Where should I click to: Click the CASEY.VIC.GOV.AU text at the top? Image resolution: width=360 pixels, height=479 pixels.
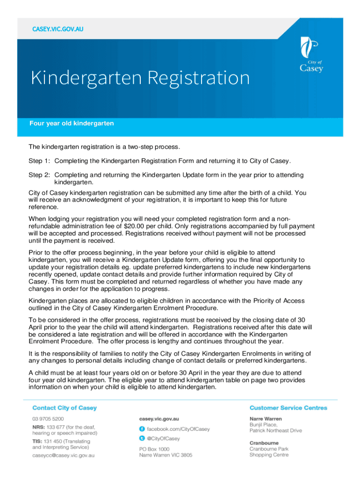pos(58,30)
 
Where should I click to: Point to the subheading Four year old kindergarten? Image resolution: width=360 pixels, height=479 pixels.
pos(72,123)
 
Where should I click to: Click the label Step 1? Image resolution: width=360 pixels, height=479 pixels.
pos(40,161)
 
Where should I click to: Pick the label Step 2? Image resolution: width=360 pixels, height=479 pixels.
pos(40,175)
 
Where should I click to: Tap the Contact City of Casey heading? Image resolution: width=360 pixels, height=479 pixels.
pos(65,408)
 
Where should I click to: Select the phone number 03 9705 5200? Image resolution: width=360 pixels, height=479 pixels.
pos(48,419)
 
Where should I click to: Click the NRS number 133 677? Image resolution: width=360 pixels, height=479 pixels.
pos(56,427)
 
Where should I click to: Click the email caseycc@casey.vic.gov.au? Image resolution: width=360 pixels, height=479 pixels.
pos(63,455)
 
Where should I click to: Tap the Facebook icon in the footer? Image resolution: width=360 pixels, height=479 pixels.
pos(142,429)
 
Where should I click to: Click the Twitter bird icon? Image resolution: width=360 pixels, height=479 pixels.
pos(142,438)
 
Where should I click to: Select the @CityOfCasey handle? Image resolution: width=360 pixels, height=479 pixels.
pos(163,439)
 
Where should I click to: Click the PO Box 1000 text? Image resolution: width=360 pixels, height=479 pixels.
pos(154,448)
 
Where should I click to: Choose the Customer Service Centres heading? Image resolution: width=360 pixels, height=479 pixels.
pos(288,408)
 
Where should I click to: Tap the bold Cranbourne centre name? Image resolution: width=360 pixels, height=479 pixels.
pos(264,443)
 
